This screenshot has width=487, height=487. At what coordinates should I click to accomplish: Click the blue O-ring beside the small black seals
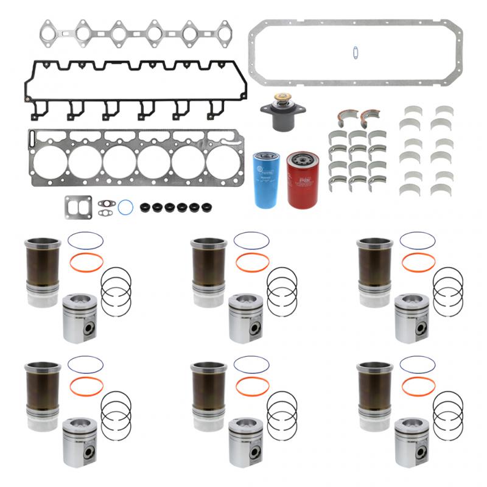click(x=126, y=207)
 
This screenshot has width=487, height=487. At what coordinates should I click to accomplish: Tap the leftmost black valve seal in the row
click(x=144, y=208)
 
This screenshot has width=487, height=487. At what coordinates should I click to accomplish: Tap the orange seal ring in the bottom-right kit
click(x=418, y=386)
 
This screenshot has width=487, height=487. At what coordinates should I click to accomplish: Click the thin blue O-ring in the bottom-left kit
click(x=86, y=364)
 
